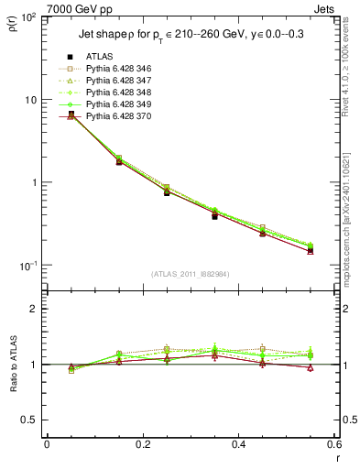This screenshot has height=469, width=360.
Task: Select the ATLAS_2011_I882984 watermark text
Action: point(190,274)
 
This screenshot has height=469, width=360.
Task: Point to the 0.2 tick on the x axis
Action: point(143,446)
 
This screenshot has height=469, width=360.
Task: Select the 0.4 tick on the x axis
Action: point(239,446)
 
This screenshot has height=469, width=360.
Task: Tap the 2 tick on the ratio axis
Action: point(34,309)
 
